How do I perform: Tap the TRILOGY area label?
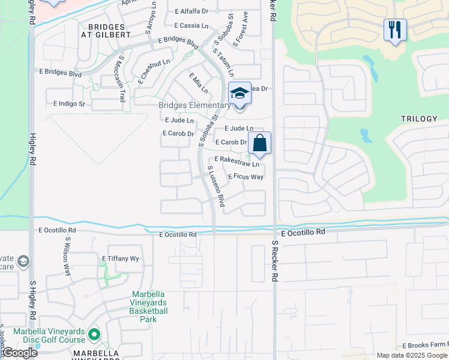[420, 119]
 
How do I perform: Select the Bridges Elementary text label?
[194, 106]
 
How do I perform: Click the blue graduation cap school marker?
[240, 94]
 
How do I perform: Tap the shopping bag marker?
[259, 144]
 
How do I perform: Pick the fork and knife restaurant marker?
[395, 30]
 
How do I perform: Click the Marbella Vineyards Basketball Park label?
[149, 307]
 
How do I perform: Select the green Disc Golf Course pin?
[94, 334]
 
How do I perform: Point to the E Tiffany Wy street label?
[120, 259]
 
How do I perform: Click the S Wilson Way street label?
[68, 256]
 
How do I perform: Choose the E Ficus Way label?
[246, 176]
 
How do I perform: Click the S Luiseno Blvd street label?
[215, 187]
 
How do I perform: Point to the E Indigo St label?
[70, 104]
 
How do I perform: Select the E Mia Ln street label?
[199, 83]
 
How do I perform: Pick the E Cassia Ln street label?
[191, 26]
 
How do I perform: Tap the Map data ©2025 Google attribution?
[411, 355]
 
